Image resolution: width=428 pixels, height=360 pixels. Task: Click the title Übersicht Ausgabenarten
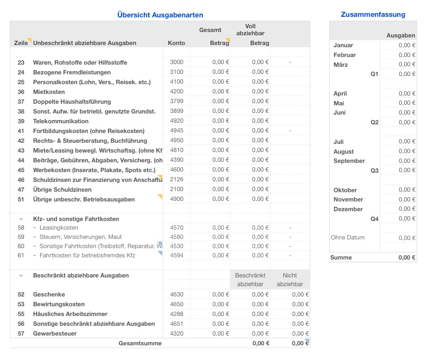(160, 15)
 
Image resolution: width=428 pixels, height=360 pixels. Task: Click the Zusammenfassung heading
(373, 15)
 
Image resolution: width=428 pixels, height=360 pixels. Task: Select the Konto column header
(176, 43)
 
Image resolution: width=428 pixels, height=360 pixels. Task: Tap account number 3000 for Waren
(176, 62)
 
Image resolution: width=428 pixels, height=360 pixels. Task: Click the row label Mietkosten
(49, 92)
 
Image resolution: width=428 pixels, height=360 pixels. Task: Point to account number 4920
(176, 121)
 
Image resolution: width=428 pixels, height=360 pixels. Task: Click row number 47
(21, 190)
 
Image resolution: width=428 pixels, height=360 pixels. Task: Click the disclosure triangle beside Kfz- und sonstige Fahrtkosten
(21, 219)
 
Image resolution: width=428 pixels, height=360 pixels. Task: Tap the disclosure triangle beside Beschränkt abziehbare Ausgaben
(21, 276)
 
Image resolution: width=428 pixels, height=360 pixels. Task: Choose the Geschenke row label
(49, 294)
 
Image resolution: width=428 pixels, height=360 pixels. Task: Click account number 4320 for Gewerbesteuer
(176, 333)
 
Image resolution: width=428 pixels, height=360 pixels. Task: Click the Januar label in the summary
(343, 46)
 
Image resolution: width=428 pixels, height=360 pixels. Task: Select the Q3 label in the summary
(374, 170)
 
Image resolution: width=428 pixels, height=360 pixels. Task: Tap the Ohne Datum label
(348, 238)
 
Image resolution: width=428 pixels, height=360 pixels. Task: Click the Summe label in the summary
(341, 257)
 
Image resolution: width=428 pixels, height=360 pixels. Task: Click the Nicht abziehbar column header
(290, 280)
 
